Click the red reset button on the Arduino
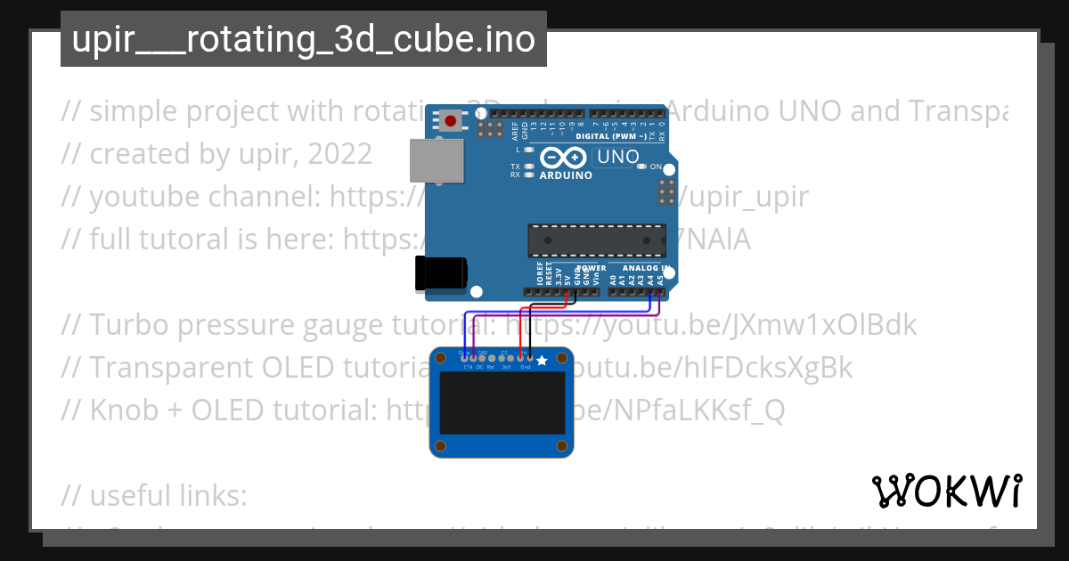[451, 121]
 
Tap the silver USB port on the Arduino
[436, 161]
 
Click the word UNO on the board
[617, 157]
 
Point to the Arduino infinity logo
[564, 158]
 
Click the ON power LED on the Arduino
[643, 167]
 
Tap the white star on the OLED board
[542, 361]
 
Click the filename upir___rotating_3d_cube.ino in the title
[303, 40]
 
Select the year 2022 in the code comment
[339, 154]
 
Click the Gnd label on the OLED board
[525, 366]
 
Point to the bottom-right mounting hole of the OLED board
[562, 445]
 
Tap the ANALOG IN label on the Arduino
[646, 268]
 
